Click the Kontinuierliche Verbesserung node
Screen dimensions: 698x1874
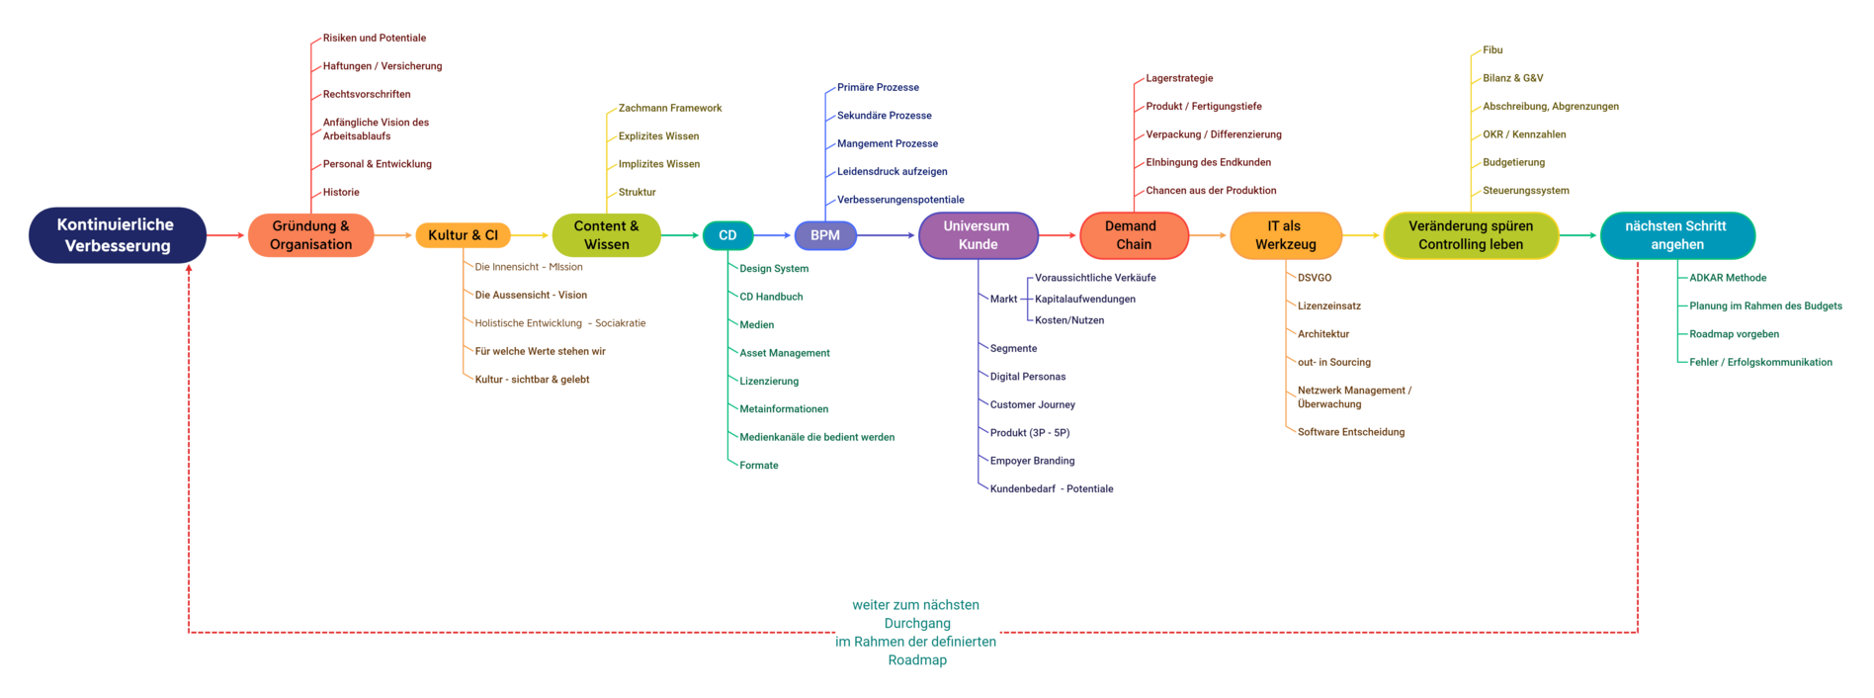point(117,235)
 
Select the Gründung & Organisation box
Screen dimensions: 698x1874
point(310,235)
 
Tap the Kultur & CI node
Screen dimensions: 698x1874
point(463,235)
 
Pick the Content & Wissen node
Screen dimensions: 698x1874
point(606,235)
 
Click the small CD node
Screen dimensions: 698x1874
point(727,235)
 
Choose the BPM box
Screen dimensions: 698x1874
point(825,235)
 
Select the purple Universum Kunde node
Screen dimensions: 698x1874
point(978,235)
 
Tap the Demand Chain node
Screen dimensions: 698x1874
point(1134,235)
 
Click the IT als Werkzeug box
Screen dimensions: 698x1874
point(1285,235)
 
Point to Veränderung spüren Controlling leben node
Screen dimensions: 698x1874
point(1471,235)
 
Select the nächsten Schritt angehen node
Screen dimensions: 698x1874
point(1677,235)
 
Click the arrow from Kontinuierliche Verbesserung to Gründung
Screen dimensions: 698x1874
point(226,235)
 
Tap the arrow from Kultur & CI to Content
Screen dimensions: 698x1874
point(531,235)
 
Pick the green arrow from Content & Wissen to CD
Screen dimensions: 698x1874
point(681,235)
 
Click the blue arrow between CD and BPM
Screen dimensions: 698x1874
point(774,235)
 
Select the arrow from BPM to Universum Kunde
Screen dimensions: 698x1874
point(887,235)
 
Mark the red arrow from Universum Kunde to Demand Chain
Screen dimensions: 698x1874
point(1059,235)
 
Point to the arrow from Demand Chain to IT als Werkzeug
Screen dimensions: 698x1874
point(1209,235)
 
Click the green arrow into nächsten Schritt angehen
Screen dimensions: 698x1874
point(1578,235)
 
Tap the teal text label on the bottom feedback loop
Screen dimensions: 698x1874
point(916,632)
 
